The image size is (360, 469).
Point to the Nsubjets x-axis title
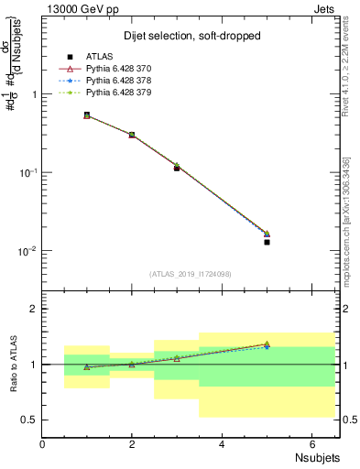click(x=317, y=457)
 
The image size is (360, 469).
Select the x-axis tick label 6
click(x=311, y=443)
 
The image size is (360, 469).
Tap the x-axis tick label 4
click(x=222, y=443)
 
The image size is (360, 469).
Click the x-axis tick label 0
click(x=43, y=443)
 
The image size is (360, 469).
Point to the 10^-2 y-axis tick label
click(x=27, y=251)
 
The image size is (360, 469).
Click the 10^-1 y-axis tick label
click(x=27, y=172)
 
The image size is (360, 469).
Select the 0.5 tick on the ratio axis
click(x=29, y=420)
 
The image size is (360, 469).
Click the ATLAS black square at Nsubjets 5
click(x=267, y=242)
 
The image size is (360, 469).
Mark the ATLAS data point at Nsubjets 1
click(x=87, y=115)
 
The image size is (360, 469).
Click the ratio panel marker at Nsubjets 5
click(x=267, y=344)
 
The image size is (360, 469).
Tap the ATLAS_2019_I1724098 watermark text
click(x=191, y=273)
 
